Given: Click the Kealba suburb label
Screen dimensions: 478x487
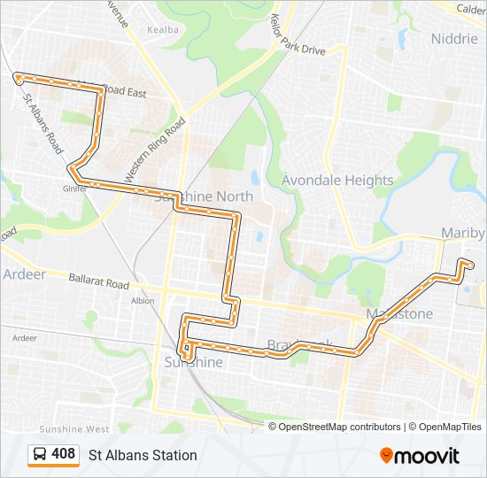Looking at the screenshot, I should click(163, 29).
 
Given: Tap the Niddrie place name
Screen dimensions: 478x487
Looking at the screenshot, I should click(453, 38).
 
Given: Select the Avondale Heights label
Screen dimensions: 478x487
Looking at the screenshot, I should click(337, 180).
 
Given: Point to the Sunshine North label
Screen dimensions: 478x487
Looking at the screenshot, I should click(204, 196).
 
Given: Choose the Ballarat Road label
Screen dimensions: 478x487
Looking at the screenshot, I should click(99, 281).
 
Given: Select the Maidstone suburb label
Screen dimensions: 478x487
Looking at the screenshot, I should click(399, 314).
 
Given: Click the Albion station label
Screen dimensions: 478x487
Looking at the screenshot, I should click(142, 301).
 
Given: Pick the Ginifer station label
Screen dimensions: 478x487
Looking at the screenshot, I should click(73, 188).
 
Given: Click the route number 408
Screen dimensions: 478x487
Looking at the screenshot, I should click(63, 454).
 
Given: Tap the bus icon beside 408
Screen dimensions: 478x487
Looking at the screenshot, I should click(40, 455).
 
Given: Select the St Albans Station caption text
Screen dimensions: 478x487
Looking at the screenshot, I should click(143, 455).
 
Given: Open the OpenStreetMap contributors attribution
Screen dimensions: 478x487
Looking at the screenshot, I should click(339, 427).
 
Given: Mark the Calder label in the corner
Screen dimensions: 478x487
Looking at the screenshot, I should click(471, 9).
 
